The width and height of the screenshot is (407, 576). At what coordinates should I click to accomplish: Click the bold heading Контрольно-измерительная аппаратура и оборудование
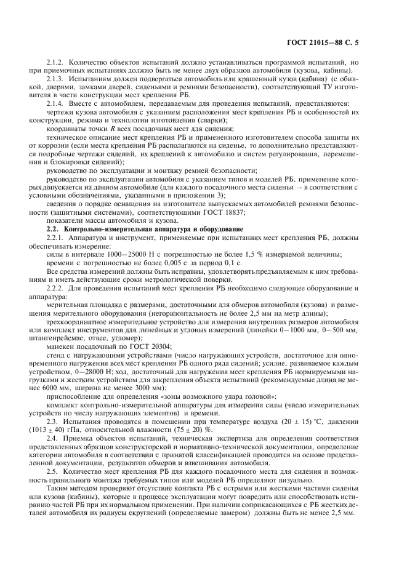click(132, 229)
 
